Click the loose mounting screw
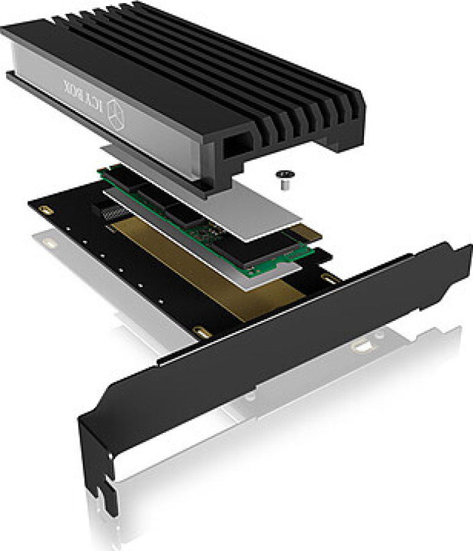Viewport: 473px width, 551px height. click(284, 179)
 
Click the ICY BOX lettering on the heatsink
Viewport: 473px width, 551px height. click(85, 96)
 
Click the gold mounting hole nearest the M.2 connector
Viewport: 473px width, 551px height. click(45, 211)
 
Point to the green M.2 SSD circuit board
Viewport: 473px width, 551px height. click(208, 222)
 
